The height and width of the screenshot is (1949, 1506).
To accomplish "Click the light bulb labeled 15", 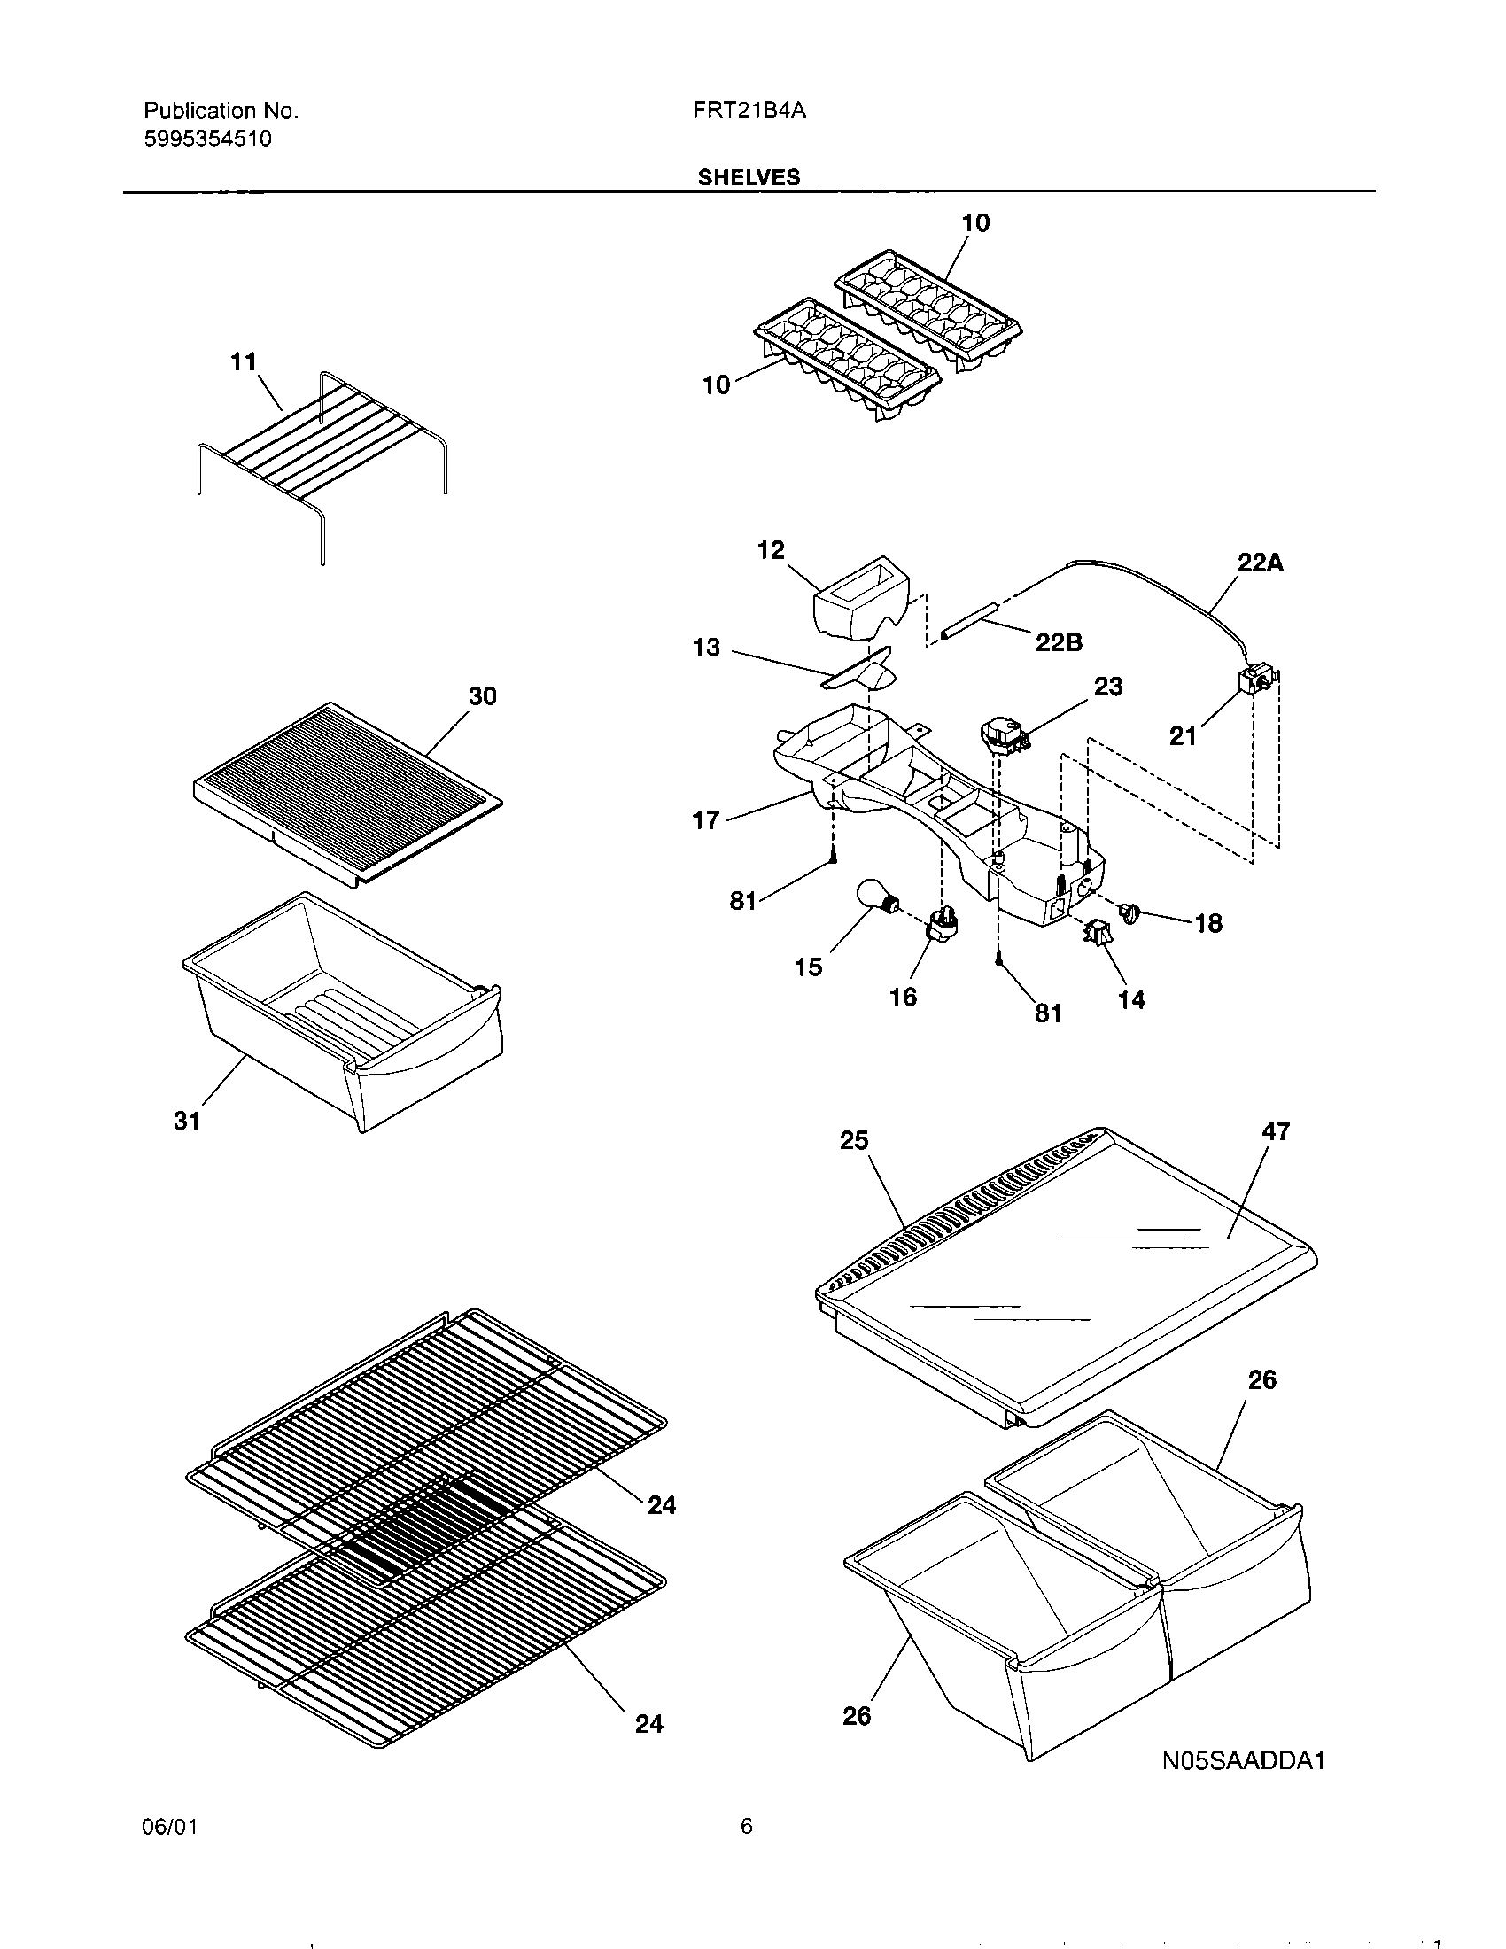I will [x=876, y=896].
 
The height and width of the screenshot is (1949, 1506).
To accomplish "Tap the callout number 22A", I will [x=1260, y=563].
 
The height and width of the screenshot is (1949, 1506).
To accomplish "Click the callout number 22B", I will [x=1059, y=642].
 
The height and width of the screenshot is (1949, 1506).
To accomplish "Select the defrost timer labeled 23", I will [x=1003, y=738].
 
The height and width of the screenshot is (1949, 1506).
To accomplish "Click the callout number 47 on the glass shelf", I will [x=1276, y=1131].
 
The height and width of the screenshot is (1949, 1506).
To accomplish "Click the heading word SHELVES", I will [x=749, y=177].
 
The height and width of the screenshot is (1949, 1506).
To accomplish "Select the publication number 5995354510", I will [x=208, y=140].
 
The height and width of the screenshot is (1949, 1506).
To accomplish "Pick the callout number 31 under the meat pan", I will [x=186, y=1122].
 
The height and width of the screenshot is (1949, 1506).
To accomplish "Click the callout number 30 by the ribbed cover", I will [x=482, y=696].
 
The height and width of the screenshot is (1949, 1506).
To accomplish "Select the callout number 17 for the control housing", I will [x=706, y=820].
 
